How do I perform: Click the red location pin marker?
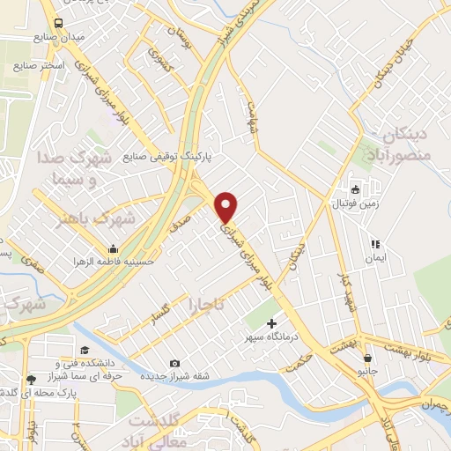pyautogui.click(x=227, y=206)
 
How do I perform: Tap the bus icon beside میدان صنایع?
pyautogui.click(x=58, y=24)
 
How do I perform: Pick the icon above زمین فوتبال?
pyautogui.click(x=354, y=189)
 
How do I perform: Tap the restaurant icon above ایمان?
pyautogui.click(x=375, y=244)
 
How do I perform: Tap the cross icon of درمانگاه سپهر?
pyautogui.click(x=271, y=323)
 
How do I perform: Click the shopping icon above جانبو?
pyautogui.click(x=366, y=359)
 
